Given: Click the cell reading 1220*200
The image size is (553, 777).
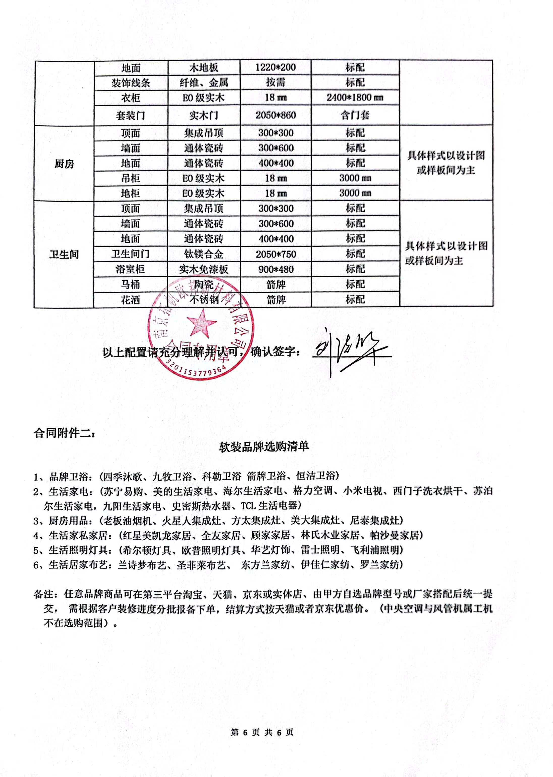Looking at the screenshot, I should pyautogui.click(x=275, y=67).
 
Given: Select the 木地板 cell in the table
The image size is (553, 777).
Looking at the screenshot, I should pyautogui.click(x=204, y=67).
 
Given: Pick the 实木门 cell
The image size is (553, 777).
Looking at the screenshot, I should pyautogui.click(x=204, y=115).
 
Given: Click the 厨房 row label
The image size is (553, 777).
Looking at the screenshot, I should pyautogui.click(x=64, y=164).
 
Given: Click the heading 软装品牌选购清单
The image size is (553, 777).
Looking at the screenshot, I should pyautogui.click(x=264, y=446).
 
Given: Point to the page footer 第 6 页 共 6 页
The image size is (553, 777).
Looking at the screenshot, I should pyautogui.click(x=262, y=732).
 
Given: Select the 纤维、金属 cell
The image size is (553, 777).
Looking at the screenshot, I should pyautogui.click(x=204, y=83).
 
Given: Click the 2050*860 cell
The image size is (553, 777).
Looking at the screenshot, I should pyautogui.click(x=275, y=115).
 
